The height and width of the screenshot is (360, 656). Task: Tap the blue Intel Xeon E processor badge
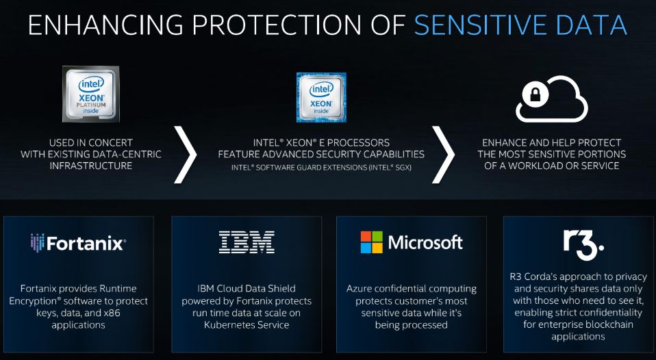(320, 97)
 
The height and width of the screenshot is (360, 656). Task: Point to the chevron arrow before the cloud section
(442, 154)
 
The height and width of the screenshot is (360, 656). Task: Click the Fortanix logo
(77, 243)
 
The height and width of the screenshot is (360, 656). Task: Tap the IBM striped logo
(247, 242)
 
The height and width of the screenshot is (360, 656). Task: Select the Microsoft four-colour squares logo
(373, 242)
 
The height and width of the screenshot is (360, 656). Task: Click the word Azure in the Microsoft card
(360, 289)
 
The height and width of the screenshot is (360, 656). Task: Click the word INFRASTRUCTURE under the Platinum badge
(91, 166)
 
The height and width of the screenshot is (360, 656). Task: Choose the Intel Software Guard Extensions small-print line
(320, 167)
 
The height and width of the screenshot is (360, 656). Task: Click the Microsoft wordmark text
(425, 242)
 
